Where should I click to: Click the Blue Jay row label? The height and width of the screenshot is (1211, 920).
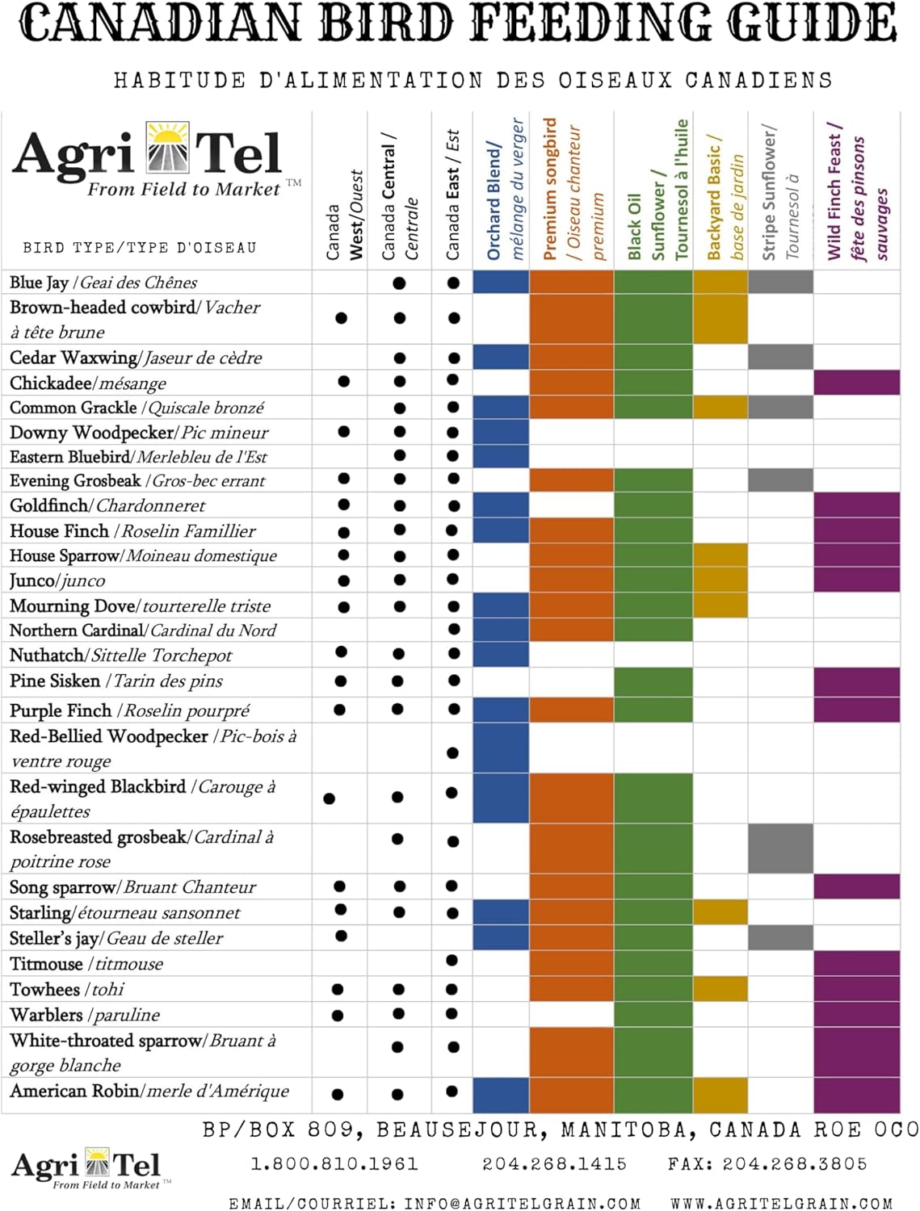point(103,283)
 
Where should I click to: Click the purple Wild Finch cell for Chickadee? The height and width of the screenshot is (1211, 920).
point(856,382)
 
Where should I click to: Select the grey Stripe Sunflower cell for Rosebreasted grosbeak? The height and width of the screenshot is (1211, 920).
point(780,848)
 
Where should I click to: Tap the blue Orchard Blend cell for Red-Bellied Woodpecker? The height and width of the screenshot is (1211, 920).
point(501,748)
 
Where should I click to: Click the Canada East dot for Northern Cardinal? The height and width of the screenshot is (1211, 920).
point(454,629)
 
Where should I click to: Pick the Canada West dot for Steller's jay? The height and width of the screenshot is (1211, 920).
point(341,936)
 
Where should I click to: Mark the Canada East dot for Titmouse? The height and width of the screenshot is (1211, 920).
point(452,961)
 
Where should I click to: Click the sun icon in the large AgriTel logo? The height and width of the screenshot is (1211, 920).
point(167,148)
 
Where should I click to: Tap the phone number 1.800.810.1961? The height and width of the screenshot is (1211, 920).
point(334,1164)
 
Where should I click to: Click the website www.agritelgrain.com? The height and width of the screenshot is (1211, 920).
point(782,1204)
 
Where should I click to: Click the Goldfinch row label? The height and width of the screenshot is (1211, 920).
point(107,506)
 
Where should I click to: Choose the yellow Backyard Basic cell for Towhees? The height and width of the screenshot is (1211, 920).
point(720,988)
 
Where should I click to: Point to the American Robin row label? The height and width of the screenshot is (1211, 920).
point(149,1092)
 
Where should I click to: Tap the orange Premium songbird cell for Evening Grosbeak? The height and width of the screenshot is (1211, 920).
point(571,480)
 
